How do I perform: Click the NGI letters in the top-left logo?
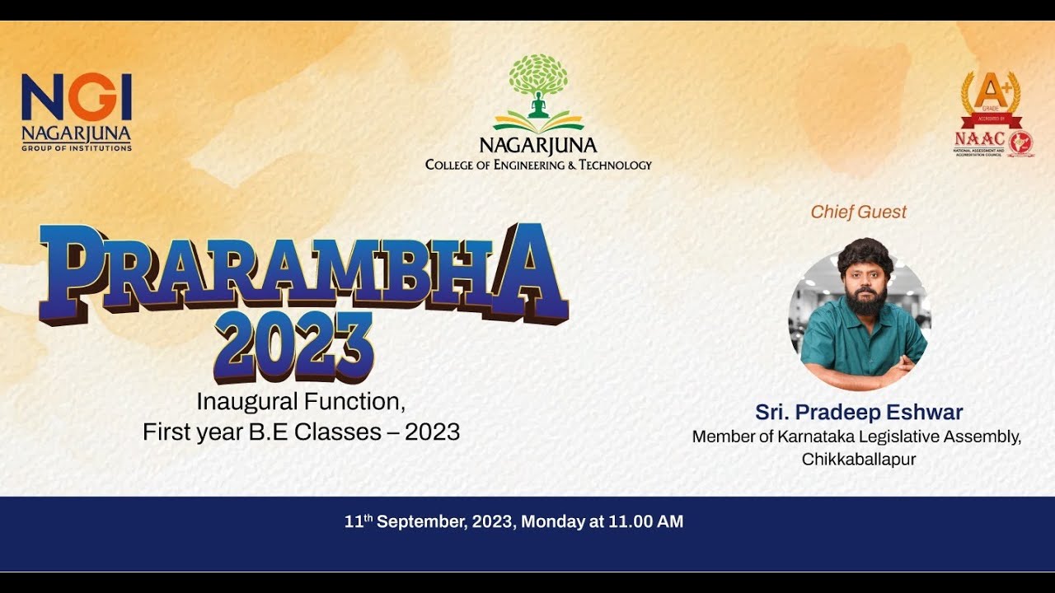click(77, 96)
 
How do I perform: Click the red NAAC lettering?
click(979, 139)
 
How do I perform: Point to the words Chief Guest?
click(858, 212)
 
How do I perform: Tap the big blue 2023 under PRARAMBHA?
click(293, 347)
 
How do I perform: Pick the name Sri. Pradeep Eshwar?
click(859, 413)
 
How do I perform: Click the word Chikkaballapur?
click(859, 459)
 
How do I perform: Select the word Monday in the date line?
click(550, 521)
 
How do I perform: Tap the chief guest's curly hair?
click(865, 254)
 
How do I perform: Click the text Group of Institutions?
click(77, 148)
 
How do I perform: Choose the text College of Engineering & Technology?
click(538, 165)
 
